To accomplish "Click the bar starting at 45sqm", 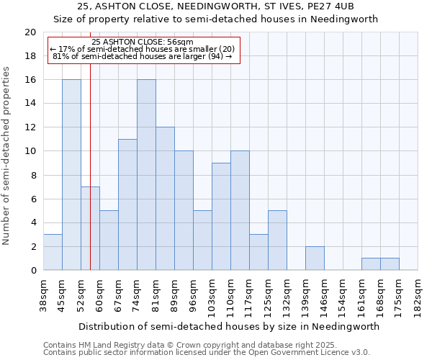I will (x=71, y=175).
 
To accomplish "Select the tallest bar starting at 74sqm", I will (x=146, y=175).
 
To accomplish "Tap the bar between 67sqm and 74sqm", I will (x=127, y=204).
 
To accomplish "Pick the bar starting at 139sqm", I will (x=315, y=258).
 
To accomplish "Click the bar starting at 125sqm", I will (x=277, y=240).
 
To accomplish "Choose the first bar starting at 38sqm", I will (x=53, y=253).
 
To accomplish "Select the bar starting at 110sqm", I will (x=240, y=211).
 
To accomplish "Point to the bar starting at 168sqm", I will (x=390, y=264).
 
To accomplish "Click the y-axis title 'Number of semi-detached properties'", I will (x=7, y=156).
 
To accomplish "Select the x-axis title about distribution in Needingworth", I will (x=229, y=326).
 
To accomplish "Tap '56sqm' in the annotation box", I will (x=179, y=42).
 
